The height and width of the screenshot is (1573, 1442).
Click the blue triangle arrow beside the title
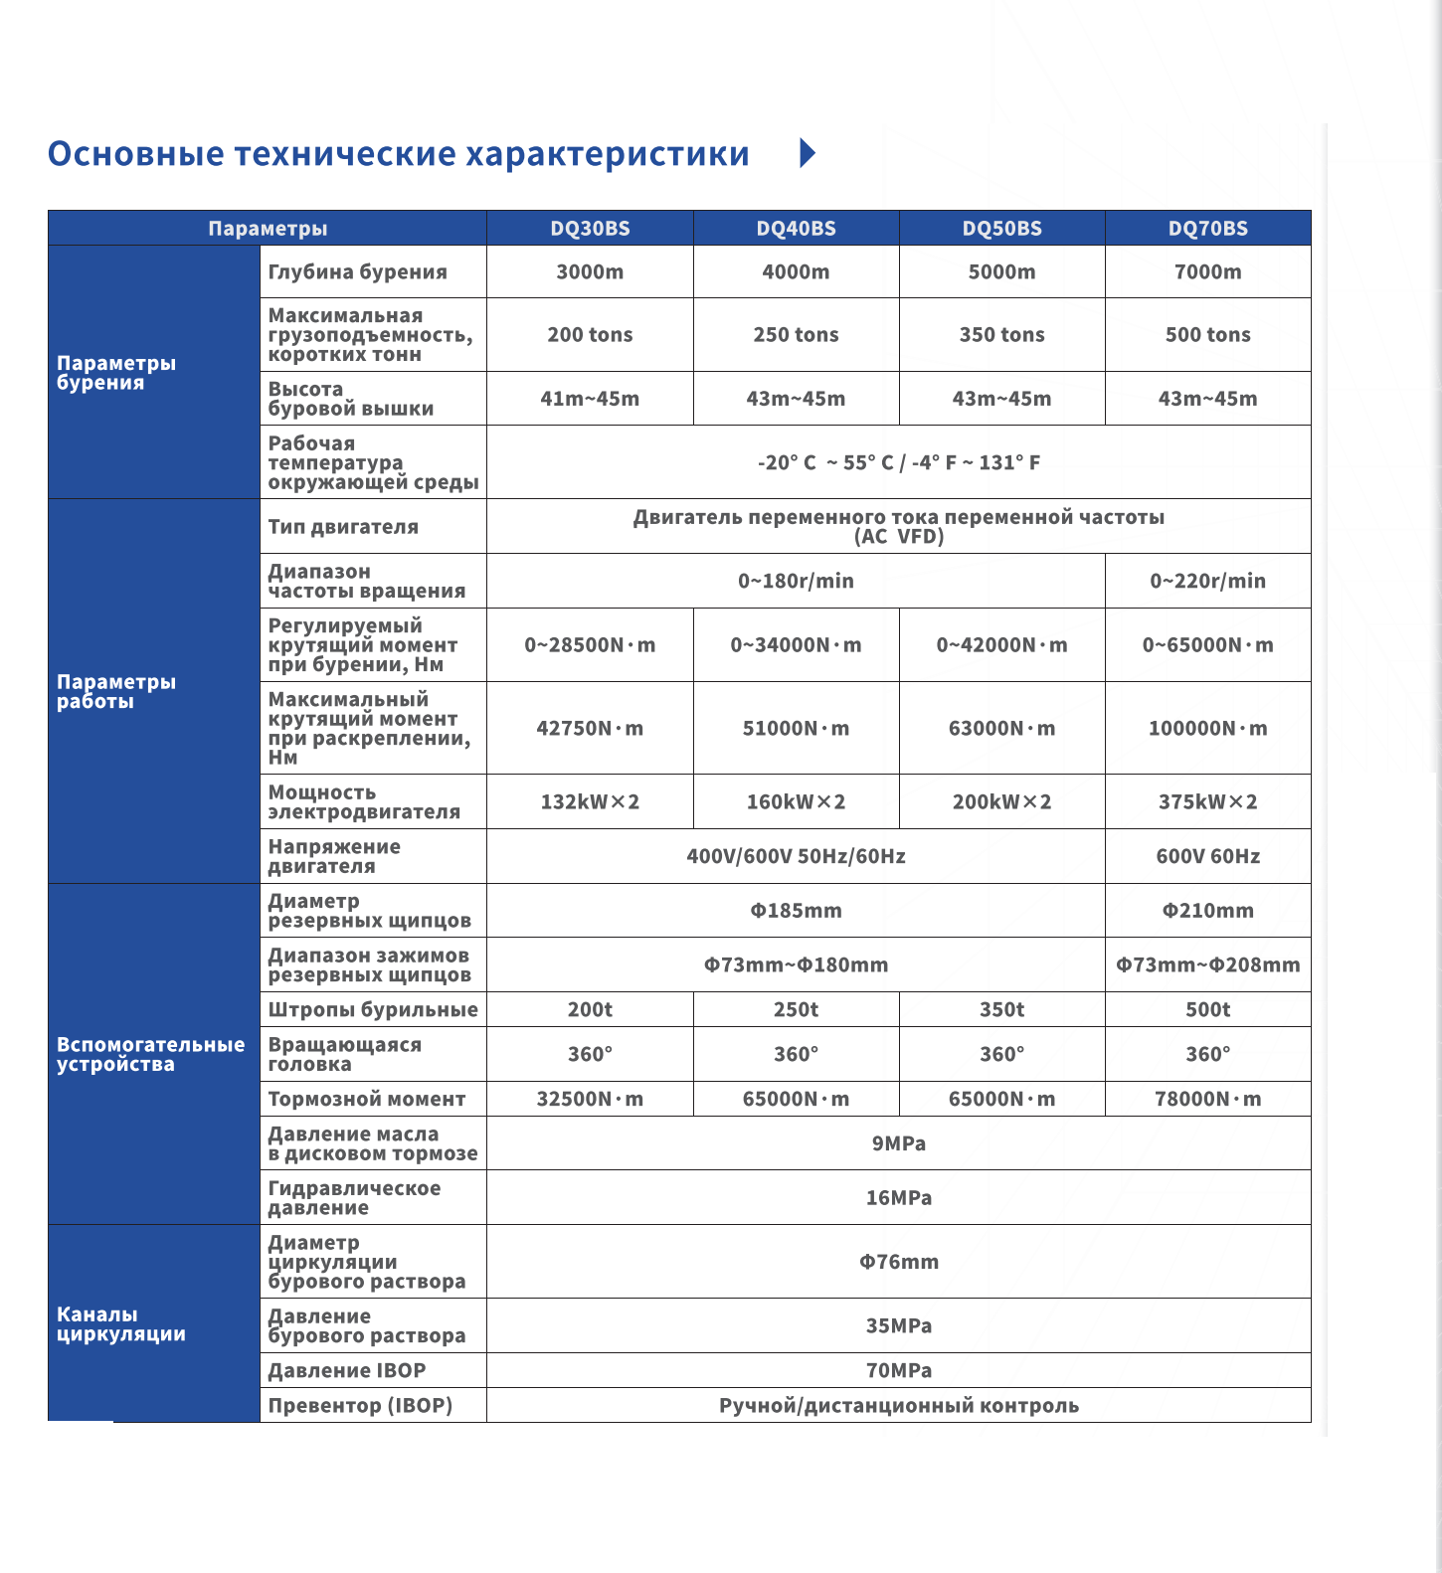click(808, 153)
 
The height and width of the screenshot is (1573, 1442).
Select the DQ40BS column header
click(796, 229)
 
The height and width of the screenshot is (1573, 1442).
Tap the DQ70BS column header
click(1207, 229)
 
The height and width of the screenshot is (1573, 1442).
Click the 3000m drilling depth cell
click(590, 272)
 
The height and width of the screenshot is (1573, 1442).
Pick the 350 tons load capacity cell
click(1001, 335)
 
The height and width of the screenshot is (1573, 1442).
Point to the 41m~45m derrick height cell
click(590, 399)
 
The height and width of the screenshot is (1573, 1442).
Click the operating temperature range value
click(898, 462)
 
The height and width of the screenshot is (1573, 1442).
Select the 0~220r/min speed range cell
click(1207, 581)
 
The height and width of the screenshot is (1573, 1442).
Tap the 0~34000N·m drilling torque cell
click(796, 645)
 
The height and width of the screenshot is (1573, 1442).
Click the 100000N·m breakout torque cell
click(1207, 729)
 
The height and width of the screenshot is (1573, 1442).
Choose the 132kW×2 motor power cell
click(590, 802)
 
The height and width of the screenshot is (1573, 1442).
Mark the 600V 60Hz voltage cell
click(1207, 857)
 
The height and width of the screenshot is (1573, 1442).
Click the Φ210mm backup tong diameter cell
click(1207, 911)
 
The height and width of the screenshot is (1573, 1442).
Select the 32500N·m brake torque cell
click(590, 1100)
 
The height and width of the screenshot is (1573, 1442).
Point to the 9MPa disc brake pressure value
click(898, 1143)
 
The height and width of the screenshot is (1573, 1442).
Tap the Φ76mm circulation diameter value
click(898, 1262)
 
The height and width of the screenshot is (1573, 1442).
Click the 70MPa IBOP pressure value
click(898, 1371)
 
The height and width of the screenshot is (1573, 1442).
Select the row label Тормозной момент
click(367, 1100)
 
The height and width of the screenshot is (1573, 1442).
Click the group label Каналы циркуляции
click(121, 1324)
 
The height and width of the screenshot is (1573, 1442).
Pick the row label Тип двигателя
click(343, 527)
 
